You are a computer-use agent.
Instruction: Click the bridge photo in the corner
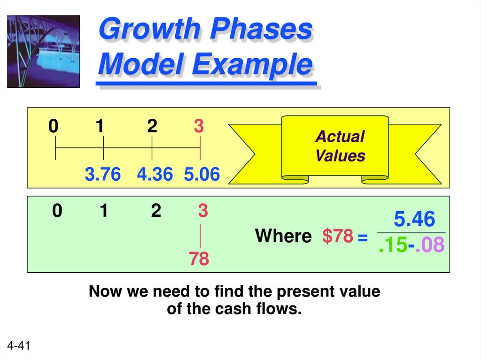click(x=43, y=51)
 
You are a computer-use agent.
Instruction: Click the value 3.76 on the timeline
click(x=103, y=175)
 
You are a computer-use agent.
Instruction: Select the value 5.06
click(x=202, y=175)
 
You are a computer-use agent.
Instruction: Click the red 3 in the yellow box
click(x=199, y=127)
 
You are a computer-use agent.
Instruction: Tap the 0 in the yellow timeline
click(x=54, y=127)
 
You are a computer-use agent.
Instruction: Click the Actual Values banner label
click(x=340, y=146)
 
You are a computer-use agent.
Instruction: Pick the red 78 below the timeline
click(x=199, y=259)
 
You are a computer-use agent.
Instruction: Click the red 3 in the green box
click(x=202, y=211)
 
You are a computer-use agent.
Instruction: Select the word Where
click(x=283, y=236)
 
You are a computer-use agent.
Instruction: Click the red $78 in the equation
click(x=337, y=236)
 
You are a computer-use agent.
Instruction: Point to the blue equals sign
click(x=362, y=238)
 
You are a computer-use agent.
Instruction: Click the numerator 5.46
click(x=414, y=220)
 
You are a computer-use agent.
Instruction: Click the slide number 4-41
click(x=19, y=346)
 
